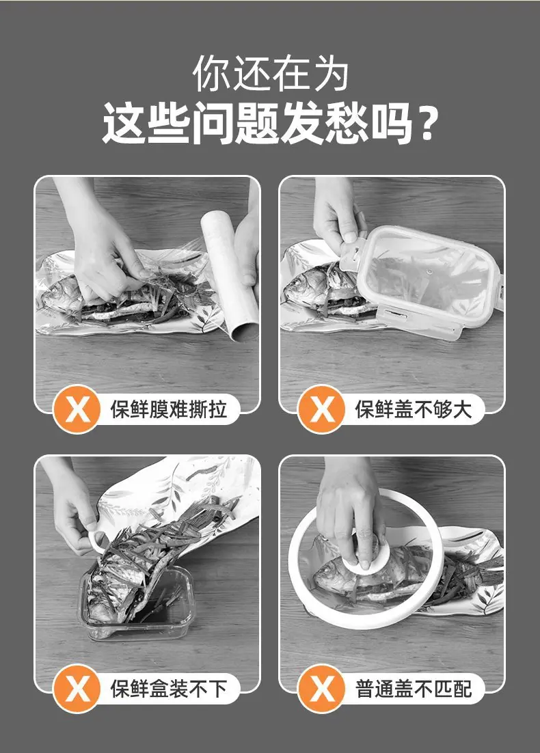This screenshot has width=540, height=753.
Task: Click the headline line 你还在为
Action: click(x=270, y=74)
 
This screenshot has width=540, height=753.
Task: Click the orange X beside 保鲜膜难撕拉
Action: click(x=77, y=409)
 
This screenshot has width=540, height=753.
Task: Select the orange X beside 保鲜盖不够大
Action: click(x=321, y=409)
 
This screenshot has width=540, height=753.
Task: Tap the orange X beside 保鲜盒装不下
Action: click(x=77, y=689)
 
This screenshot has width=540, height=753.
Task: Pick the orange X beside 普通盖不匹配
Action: click(x=321, y=689)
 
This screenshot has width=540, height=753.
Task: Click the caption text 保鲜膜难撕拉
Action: click(x=168, y=409)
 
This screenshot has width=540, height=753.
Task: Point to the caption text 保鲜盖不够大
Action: click(x=413, y=409)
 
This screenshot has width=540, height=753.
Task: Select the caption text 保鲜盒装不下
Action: click(x=168, y=689)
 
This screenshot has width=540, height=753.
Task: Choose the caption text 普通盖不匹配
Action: click(x=413, y=689)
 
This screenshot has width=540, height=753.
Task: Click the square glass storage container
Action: click(x=137, y=603)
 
